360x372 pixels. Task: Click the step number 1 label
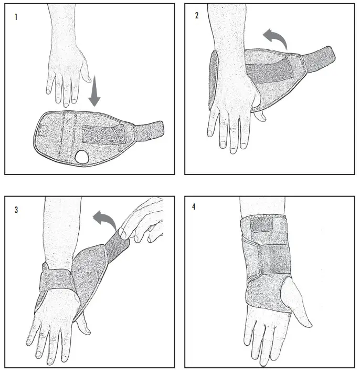16,16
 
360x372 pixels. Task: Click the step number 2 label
196,15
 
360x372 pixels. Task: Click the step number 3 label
16,209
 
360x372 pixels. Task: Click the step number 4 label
194,206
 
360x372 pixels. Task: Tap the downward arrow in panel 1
94,91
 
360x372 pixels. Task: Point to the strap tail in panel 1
150,129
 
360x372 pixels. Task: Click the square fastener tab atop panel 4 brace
261,225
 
